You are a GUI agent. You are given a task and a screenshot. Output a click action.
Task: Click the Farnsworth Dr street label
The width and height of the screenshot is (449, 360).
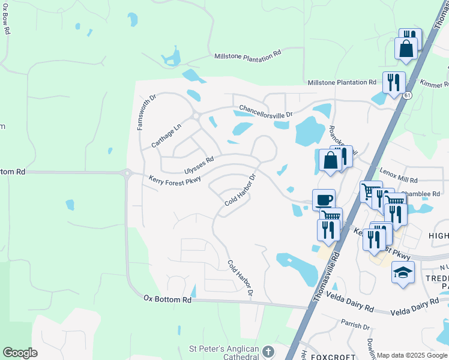[141, 112]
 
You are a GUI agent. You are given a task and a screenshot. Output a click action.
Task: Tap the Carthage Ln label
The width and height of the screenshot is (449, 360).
[166, 136]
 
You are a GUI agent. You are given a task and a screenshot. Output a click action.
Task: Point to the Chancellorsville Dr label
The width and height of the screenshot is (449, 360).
[265, 110]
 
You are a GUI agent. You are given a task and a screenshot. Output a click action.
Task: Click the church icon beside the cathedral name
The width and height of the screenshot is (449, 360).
[268, 350]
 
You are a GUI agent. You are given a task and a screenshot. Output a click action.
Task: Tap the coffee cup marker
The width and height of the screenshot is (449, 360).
[324, 199]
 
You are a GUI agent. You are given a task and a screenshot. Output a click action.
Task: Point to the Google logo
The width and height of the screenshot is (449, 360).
[20, 353]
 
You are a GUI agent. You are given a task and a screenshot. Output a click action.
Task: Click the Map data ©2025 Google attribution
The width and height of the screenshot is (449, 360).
[412, 355]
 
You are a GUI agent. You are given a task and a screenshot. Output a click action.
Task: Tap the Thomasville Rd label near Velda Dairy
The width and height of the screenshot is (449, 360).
[325, 277]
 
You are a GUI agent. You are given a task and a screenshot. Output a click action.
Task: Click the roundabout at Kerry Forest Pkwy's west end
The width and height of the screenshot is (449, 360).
[127, 173]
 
